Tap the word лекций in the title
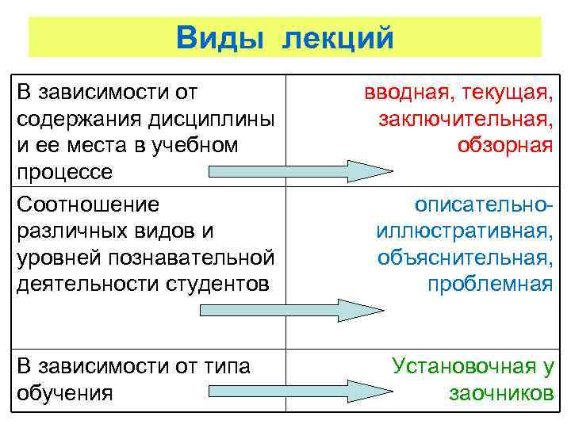335,36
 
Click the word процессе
64,171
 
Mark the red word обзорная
504,145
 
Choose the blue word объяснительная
466,258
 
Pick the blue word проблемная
489,284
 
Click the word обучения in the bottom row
64,392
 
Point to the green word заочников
500,392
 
